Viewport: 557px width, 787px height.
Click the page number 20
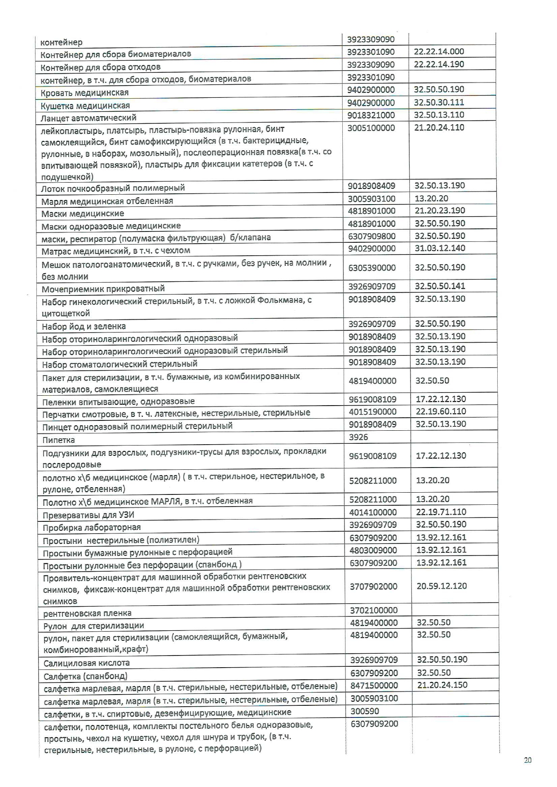click(x=528, y=760)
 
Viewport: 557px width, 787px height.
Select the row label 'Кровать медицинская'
click(x=84, y=93)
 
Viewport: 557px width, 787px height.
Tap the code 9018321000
click(x=371, y=115)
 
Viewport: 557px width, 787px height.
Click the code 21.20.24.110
click(x=439, y=127)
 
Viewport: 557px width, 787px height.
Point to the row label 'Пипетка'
click(x=58, y=440)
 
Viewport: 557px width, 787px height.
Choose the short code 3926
click(x=358, y=437)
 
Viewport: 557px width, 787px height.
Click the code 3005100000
click(x=371, y=128)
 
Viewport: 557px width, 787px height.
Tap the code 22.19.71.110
click(x=441, y=512)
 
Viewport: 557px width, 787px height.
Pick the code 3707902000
click(x=373, y=586)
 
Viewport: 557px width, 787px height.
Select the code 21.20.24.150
click(x=442, y=685)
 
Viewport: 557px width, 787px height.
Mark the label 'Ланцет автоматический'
click(x=88, y=118)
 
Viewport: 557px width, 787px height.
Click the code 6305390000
click(x=372, y=268)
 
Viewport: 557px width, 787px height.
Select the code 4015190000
click(x=373, y=411)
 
